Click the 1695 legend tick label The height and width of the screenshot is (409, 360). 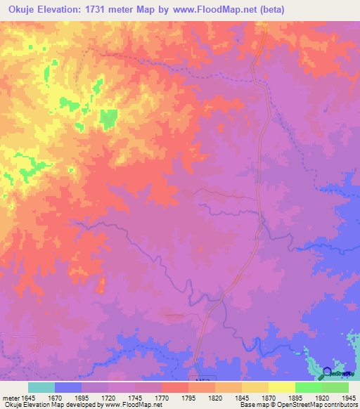tap(83, 398)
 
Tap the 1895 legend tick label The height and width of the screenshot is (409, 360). tap(296, 398)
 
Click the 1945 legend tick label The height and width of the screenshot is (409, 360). tap(348, 398)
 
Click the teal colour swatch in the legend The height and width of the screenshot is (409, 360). tap(42, 387)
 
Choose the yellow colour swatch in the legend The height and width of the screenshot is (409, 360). tap(282, 387)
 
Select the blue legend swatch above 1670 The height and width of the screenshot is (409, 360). tap(69, 387)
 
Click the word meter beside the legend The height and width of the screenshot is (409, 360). tap(9, 398)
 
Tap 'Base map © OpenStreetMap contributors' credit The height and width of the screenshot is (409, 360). tap(298, 405)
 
